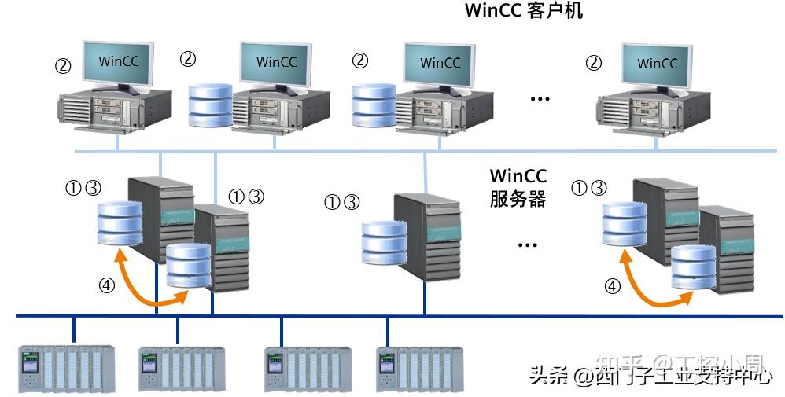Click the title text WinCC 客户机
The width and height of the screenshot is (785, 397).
[524, 11]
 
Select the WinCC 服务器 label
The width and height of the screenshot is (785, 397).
[518, 187]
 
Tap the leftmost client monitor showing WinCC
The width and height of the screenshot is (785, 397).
[118, 61]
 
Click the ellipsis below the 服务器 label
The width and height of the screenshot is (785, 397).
[526, 245]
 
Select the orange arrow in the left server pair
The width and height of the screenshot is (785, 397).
[149, 285]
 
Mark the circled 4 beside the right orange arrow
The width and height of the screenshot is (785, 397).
[611, 286]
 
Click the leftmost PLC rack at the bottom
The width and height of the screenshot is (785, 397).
[67, 368]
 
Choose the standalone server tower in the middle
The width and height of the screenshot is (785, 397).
[426, 236]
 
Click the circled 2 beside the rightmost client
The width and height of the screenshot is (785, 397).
[595, 62]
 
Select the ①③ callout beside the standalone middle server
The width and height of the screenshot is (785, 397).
[341, 203]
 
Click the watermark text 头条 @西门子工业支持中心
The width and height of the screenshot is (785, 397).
[650, 375]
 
